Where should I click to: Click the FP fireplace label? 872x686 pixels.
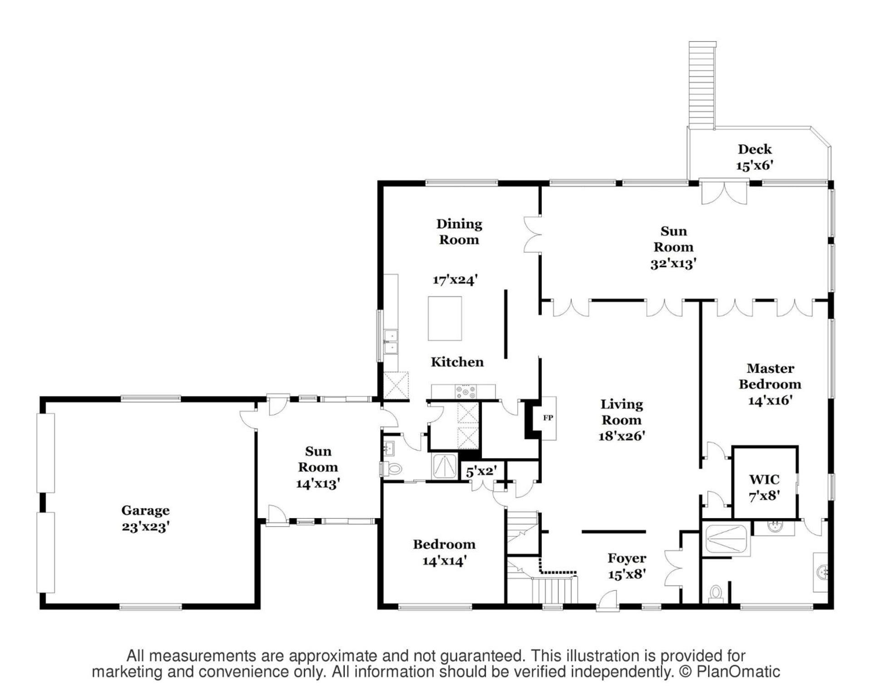coord(548,418)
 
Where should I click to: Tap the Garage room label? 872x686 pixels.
coord(145,511)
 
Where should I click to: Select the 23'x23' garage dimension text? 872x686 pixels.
coord(145,527)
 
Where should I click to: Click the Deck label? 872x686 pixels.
coord(755,149)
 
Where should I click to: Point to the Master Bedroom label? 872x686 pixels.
coord(770,376)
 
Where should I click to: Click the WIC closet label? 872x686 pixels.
coord(764,479)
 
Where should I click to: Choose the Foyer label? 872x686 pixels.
coord(627,558)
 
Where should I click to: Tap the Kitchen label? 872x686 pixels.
coord(457,362)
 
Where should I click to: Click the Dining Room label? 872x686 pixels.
coord(459,231)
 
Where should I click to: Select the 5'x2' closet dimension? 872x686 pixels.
coord(481,471)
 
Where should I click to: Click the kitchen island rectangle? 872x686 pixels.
coord(445,318)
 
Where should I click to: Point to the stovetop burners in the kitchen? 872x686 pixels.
coord(466,392)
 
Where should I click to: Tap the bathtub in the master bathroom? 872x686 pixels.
coord(726,539)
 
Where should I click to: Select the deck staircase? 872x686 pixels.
coord(702,85)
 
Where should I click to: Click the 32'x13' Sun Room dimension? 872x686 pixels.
coord(674,263)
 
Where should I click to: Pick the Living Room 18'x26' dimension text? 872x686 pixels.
coord(622,436)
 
